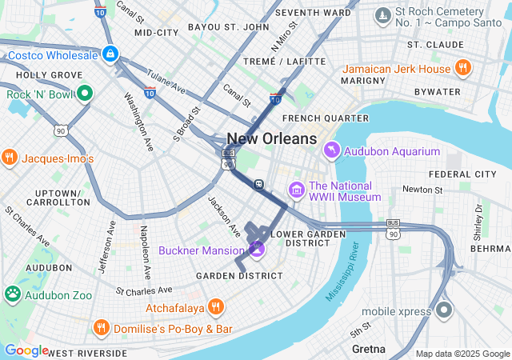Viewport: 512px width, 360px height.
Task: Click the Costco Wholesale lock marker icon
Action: pyautogui.click(x=110, y=54)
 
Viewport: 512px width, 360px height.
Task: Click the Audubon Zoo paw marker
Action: pyautogui.click(x=13, y=294)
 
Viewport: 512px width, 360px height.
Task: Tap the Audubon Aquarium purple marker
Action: pyautogui.click(x=331, y=150)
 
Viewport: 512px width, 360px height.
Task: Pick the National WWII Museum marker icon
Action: pyautogui.click(x=296, y=190)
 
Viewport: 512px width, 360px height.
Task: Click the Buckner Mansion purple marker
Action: pyautogui.click(x=257, y=249)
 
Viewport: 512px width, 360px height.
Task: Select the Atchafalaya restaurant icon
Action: pyautogui.click(x=215, y=306)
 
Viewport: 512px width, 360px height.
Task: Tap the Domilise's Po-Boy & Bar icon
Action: pyautogui.click(x=101, y=328)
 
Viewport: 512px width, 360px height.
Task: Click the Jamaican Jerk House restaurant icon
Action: pyautogui.click(x=462, y=69)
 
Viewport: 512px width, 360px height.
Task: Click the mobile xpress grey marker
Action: pyautogui.click(x=444, y=310)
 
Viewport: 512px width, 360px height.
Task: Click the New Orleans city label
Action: pyautogui.click(x=272, y=139)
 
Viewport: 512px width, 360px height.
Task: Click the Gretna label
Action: pyautogui.click(x=369, y=350)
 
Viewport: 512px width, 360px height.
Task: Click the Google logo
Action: pyautogui.click(x=26, y=350)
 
